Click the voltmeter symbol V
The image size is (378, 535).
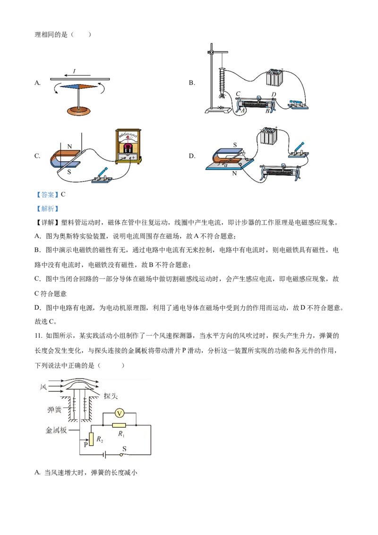[120, 414]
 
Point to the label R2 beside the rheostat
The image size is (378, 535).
[100, 440]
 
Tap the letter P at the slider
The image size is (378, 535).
[86, 444]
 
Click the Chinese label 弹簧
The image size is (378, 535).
[54, 409]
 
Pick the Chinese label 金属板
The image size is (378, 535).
[55, 431]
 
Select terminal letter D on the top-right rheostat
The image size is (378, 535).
[274, 95]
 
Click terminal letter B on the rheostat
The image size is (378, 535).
[267, 111]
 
